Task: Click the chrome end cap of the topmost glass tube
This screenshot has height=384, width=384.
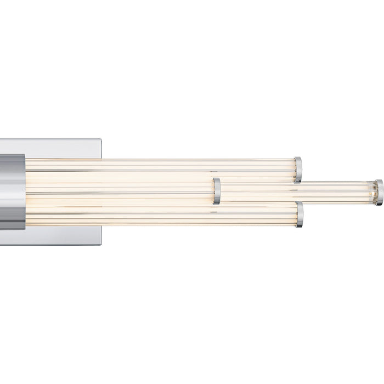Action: (x=297, y=170)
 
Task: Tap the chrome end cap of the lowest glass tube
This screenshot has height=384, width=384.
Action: (x=299, y=214)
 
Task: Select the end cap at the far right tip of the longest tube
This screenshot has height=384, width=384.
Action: (x=379, y=192)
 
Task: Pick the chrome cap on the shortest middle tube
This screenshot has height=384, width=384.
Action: (x=217, y=191)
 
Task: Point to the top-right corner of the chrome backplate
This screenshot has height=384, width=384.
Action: (x=100, y=140)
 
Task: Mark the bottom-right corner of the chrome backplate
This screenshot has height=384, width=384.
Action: (x=100, y=244)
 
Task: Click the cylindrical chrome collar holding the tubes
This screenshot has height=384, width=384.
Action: (x=12, y=191)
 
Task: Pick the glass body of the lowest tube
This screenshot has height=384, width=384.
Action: (x=165, y=217)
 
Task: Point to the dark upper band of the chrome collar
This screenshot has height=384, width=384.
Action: (x=12, y=159)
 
